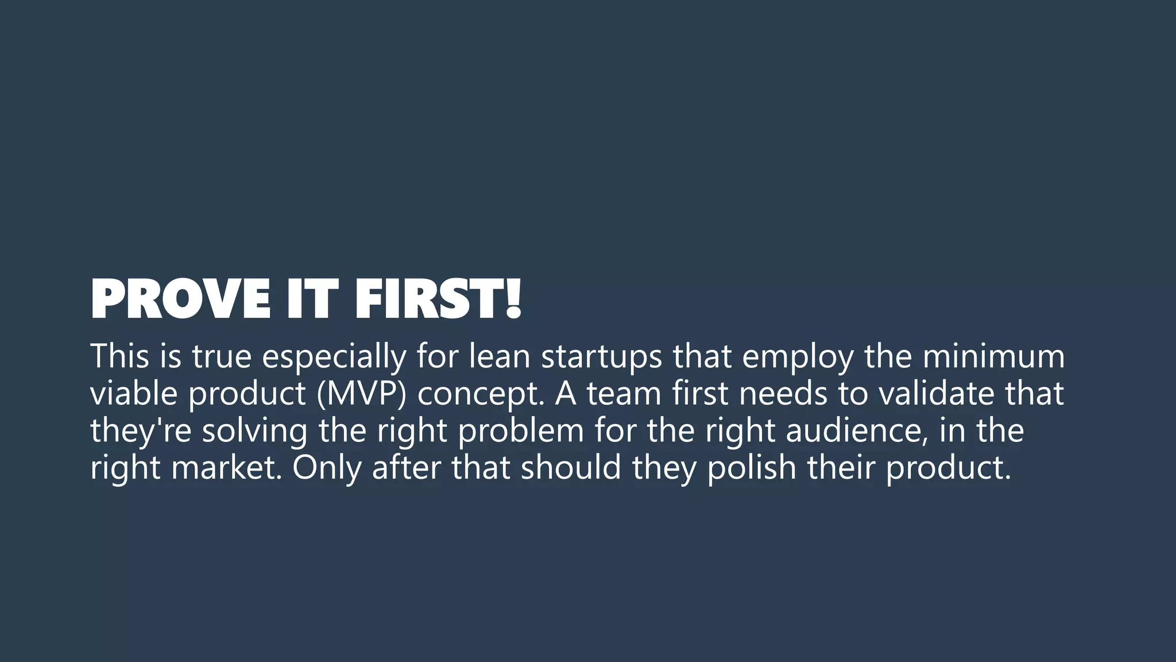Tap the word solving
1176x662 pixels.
(254, 431)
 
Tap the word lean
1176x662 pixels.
(499, 356)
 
